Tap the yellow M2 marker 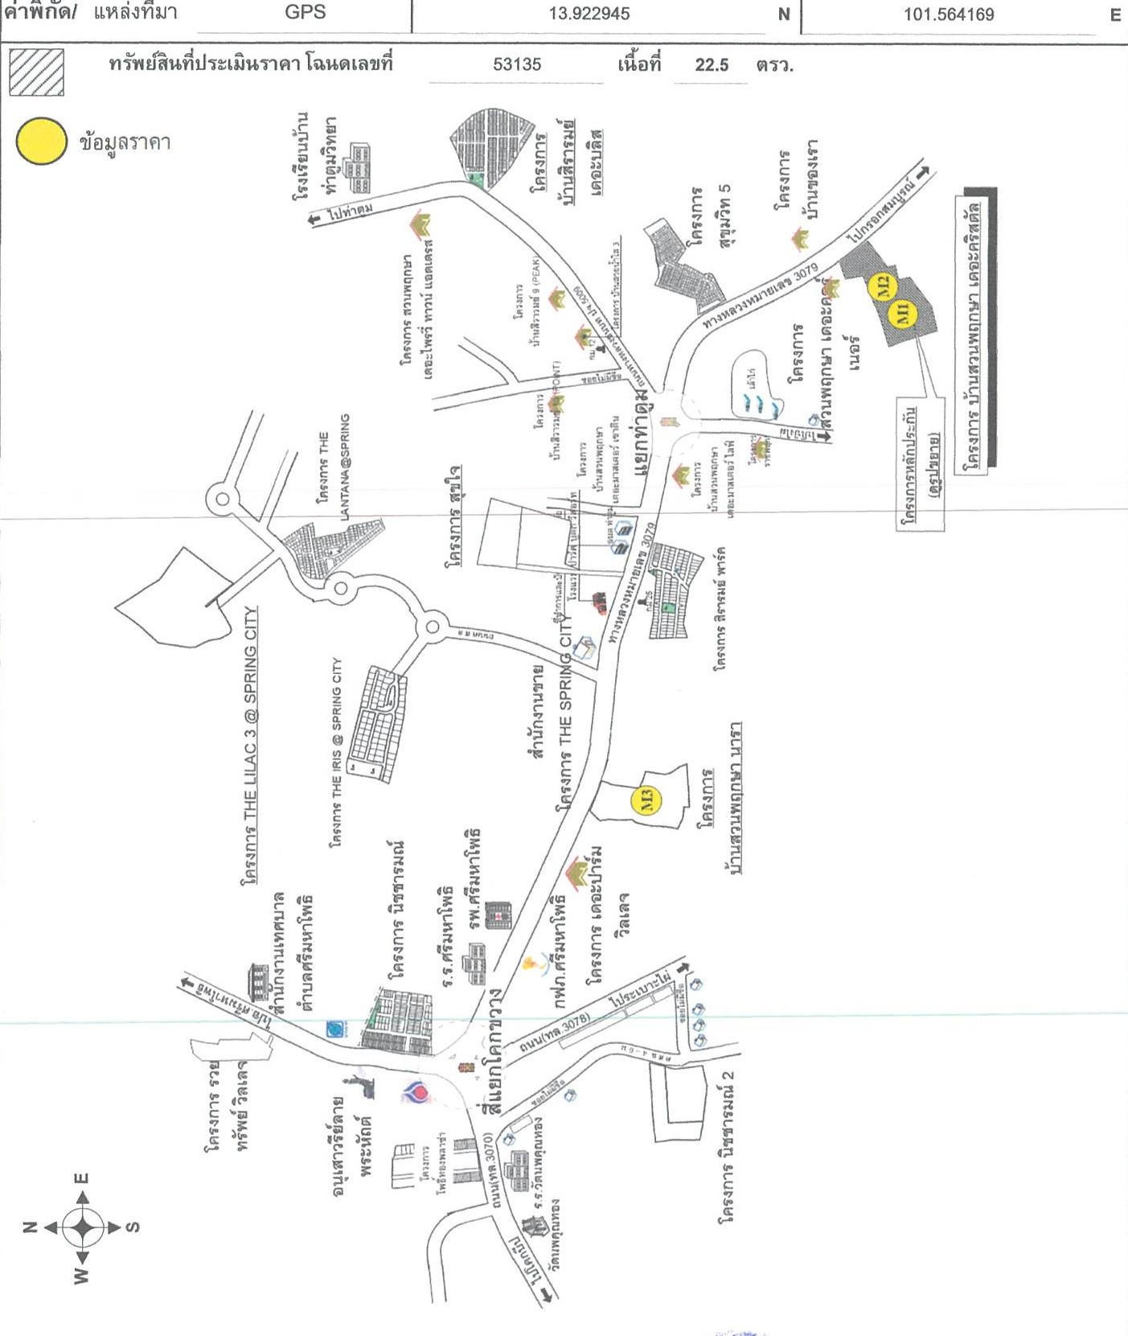coord(883,284)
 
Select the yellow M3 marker coord(648,799)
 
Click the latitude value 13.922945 coord(589,14)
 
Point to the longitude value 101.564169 coord(949,14)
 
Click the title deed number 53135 coord(517,64)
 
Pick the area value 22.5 coord(712,65)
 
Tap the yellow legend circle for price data coord(41,142)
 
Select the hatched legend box coord(37,72)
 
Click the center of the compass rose coord(83,1227)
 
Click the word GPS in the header coord(305,13)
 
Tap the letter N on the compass coord(30,1227)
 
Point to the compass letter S coord(133,1227)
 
